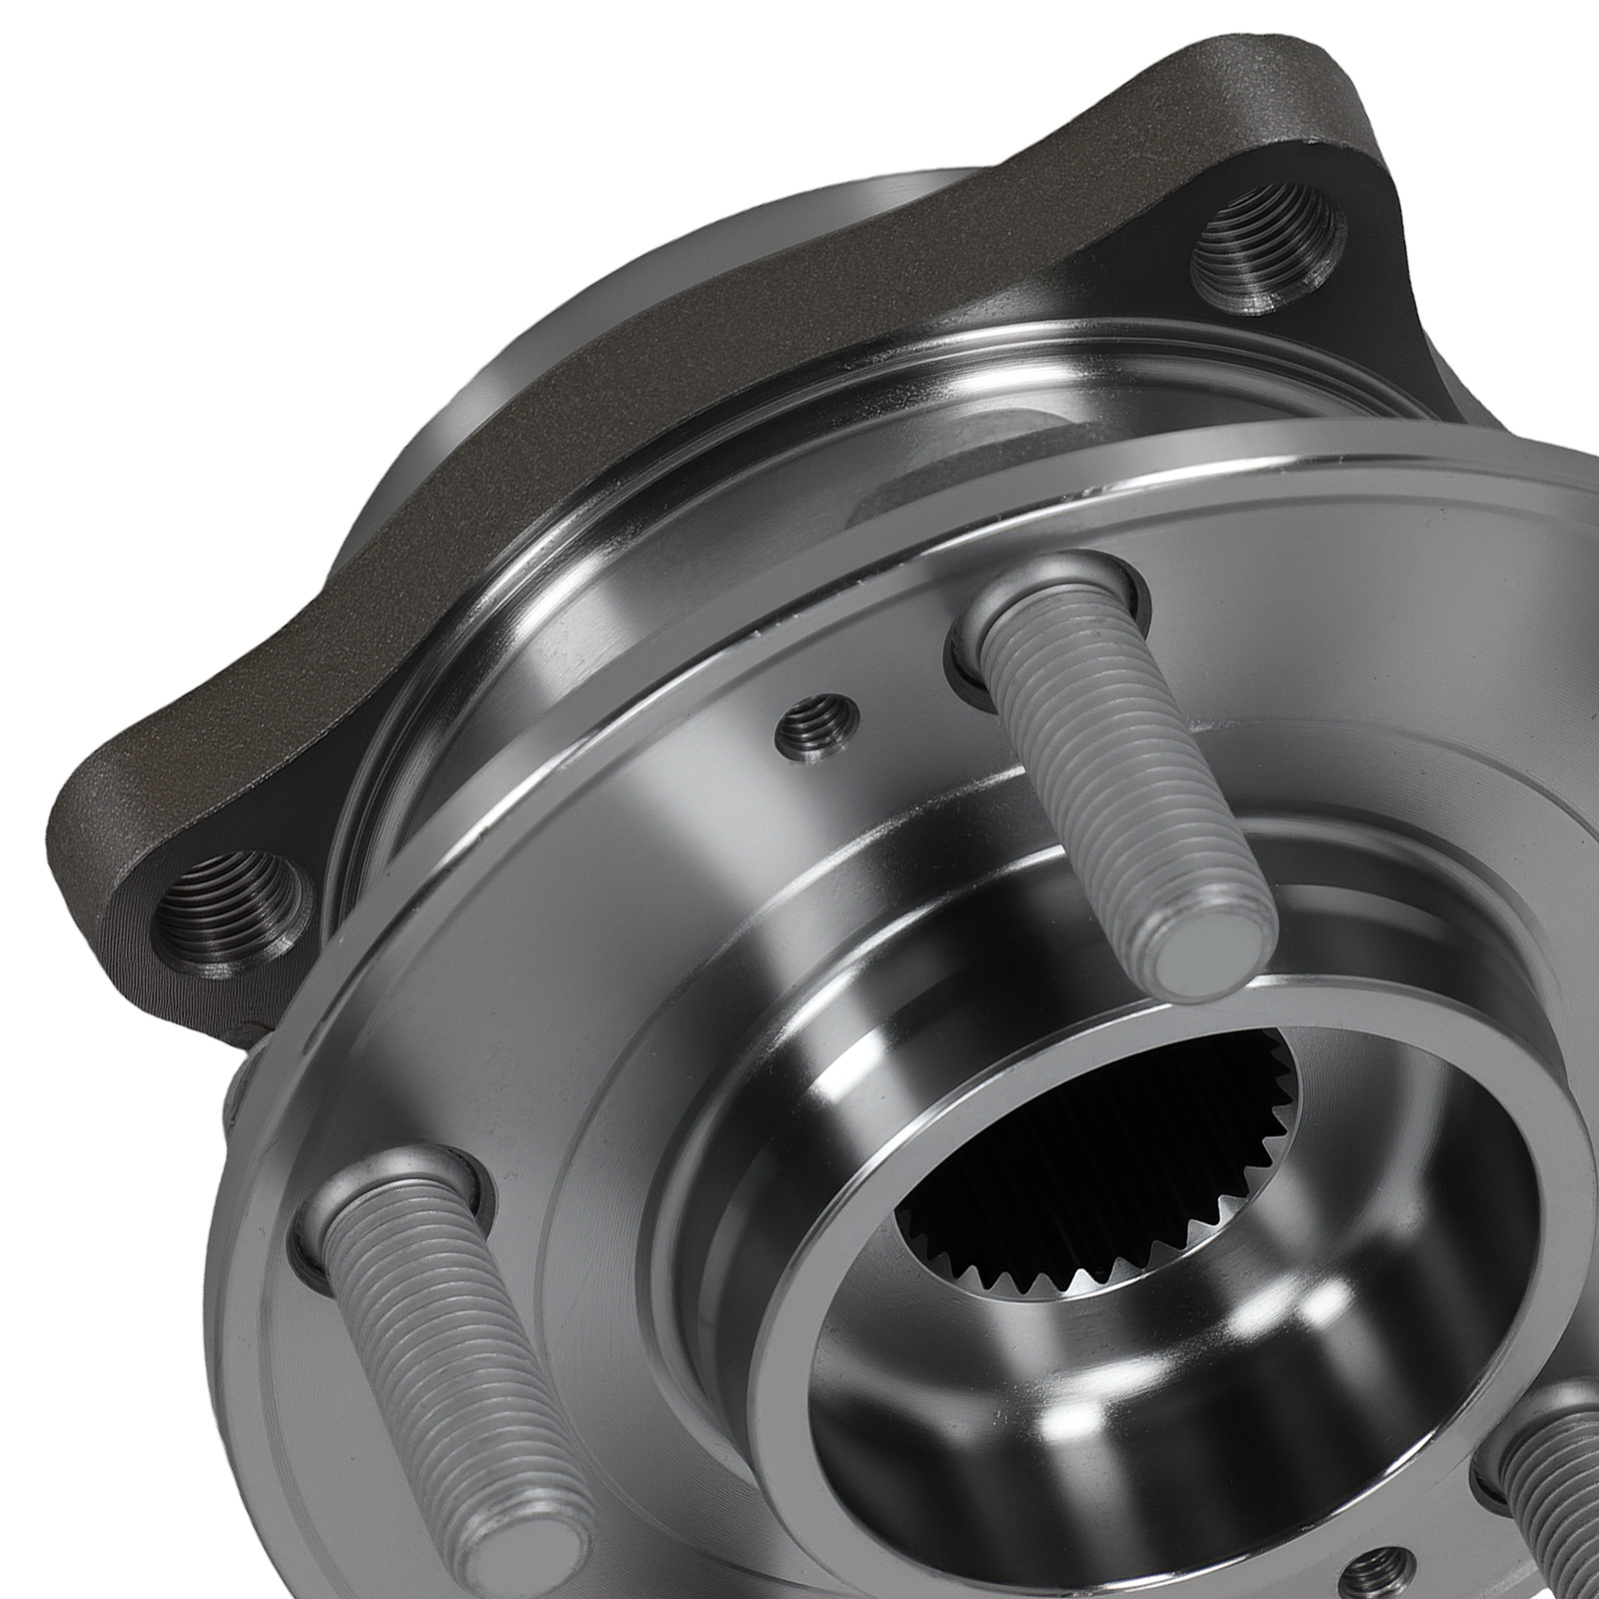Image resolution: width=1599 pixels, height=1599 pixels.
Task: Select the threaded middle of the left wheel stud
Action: pos(440,1359)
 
